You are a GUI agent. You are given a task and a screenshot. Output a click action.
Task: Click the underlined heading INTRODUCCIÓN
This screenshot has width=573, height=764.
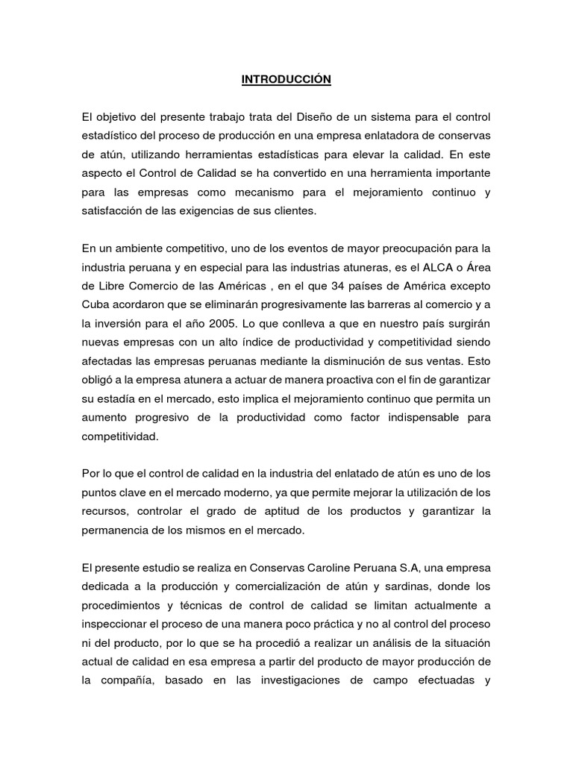click(x=286, y=80)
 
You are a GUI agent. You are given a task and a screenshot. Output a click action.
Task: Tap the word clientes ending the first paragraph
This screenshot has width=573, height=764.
click(x=294, y=211)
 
